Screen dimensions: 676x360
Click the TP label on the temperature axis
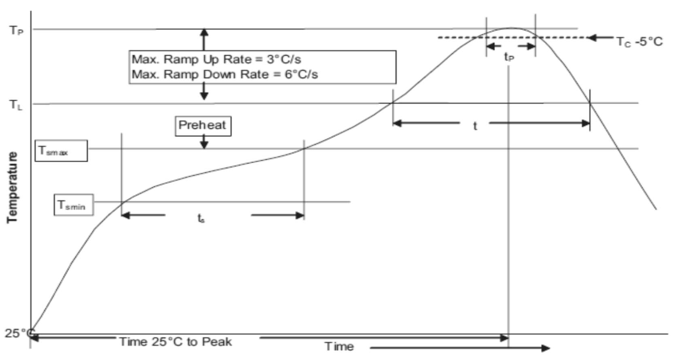pos(16,30)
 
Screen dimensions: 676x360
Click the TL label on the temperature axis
pos(16,105)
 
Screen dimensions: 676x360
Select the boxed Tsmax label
pos(61,151)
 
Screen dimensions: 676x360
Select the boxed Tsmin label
pos(74,205)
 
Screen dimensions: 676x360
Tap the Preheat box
pos(203,126)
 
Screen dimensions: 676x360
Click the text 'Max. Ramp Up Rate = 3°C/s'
pos(217,59)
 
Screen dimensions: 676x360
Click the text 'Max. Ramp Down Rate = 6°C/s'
pos(225,74)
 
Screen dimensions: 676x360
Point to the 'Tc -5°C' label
pos(639,42)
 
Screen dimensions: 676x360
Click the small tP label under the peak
pos(509,57)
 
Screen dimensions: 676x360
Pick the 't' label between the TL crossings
pos(475,126)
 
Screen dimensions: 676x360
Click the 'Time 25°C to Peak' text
pos(176,342)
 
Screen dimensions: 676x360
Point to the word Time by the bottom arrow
pos(339,346)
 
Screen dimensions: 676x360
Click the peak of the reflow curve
pos(510,28)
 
